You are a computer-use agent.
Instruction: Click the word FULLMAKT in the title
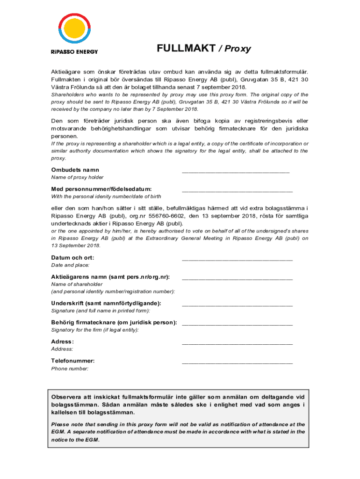click(186, 49)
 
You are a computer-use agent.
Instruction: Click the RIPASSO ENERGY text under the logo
click(74, 51)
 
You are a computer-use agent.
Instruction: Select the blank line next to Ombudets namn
click(236, 172)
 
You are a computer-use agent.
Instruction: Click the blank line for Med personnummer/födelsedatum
click(237, 191)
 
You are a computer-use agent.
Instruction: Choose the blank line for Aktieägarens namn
click(237, 279)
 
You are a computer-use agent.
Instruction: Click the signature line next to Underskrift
click(237, 305)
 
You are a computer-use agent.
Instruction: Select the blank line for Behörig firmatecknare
click(237, 324)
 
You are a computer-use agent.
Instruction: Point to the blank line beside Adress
click(237, 344)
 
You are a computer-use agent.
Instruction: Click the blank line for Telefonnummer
click(237, 363)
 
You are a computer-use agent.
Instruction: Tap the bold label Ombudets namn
click(75, 170)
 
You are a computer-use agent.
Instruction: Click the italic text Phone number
click(70, 369)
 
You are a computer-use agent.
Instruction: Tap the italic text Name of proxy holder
click(77, 177)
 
